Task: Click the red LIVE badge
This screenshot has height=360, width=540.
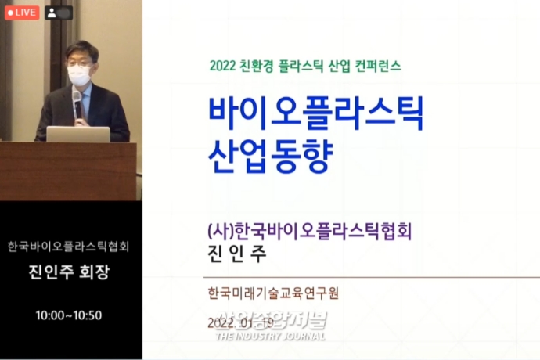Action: click(x=22, y=13)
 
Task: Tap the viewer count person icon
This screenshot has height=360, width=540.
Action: click(x=52, y=13)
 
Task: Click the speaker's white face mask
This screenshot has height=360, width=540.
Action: click(x=79, y=75)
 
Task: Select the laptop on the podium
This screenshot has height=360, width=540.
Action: click(x=78, y=134)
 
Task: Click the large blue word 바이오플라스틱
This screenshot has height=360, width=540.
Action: click(x=316, y=114)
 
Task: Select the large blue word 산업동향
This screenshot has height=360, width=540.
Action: click(x=271, y=156)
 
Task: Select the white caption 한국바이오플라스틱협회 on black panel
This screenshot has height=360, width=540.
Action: click(x=69, y=247)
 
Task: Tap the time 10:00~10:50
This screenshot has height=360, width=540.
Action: click(x=69, y=315)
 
